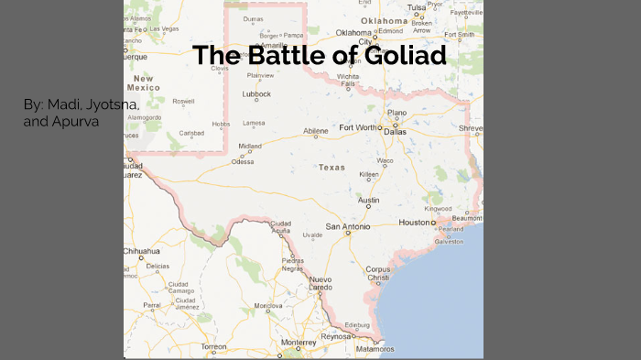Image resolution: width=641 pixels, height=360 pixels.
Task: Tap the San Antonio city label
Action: click(347, 226)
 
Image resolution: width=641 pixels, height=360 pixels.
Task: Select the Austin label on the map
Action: click(368, 200)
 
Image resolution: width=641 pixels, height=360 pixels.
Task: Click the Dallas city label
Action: click(395, 132)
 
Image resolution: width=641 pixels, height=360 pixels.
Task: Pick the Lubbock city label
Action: click(255, 93)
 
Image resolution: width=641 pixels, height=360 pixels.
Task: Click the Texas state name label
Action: click(331, 168)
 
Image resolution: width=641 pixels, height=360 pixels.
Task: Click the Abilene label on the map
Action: click(315, 131)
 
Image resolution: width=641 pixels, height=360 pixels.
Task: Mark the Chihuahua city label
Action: click(142, 250)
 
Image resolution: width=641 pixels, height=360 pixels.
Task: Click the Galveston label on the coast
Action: click(449, 242)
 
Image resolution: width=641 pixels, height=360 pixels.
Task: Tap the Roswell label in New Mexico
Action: click(183, 102)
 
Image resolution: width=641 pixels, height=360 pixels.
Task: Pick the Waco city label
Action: click(385, 160)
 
